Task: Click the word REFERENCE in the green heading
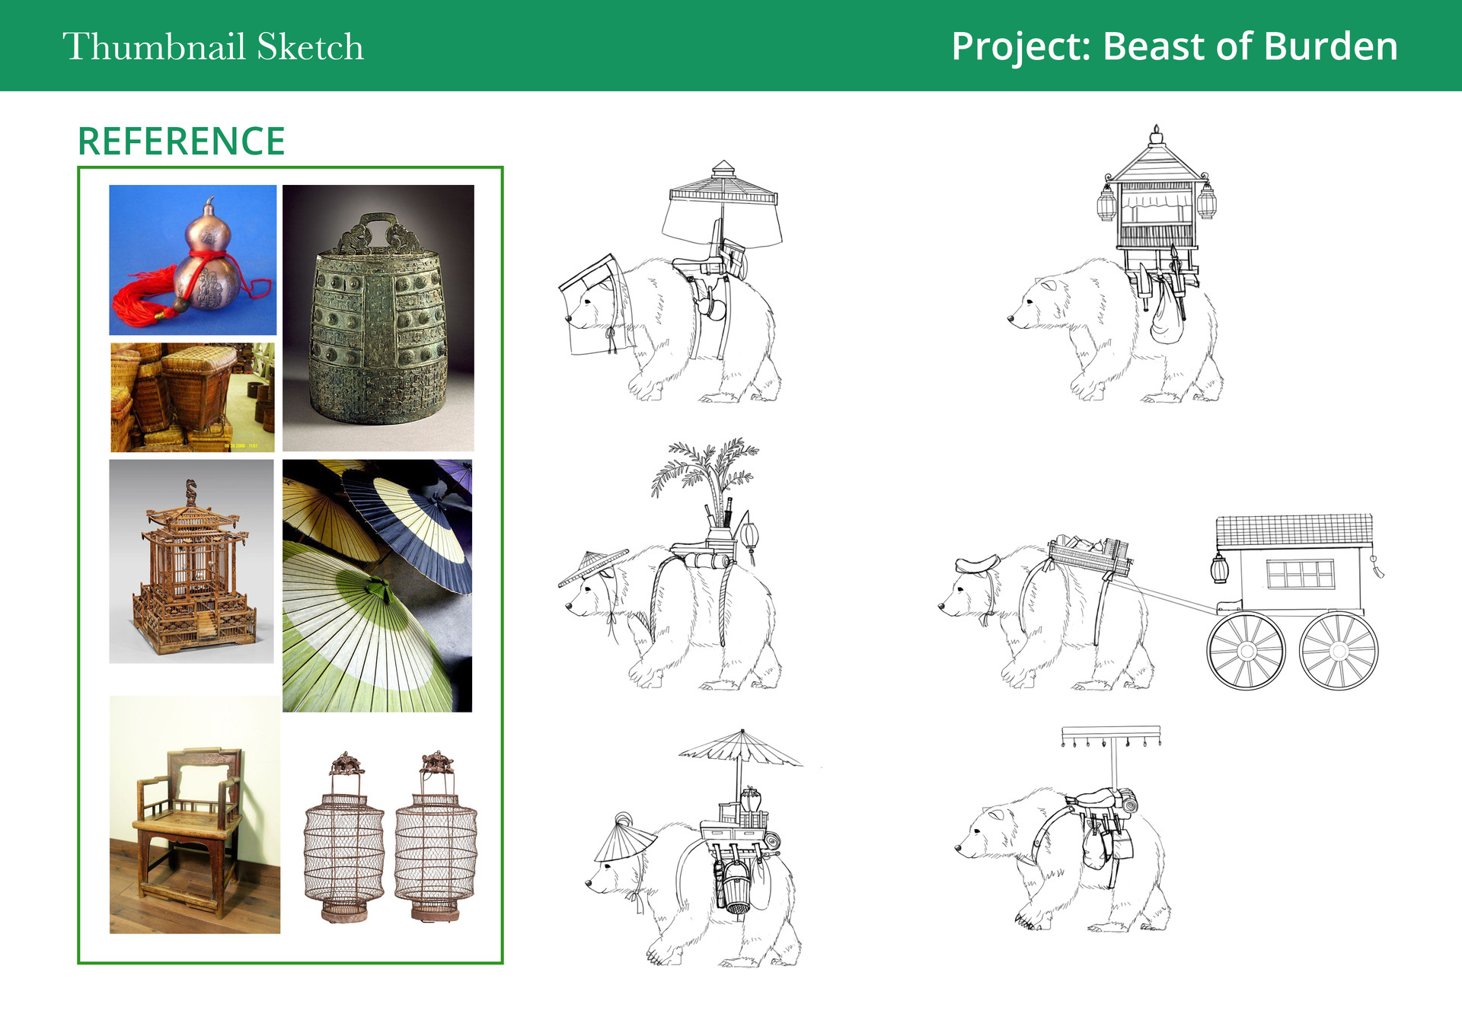(181, 142)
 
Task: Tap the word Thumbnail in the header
(154, 46)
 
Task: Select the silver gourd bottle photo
(193, 260)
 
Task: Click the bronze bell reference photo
(378, 318)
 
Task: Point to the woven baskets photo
(193, 397)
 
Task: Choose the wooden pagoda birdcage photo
(191, 561)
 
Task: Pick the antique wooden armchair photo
(195, 815)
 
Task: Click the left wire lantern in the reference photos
(345, 837)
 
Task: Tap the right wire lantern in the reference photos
(436, 837)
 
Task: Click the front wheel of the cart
(1246, 651)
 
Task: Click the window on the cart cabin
(1301, 574)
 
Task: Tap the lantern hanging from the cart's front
(1220, 569)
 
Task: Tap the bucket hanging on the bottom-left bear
(737, 887)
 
